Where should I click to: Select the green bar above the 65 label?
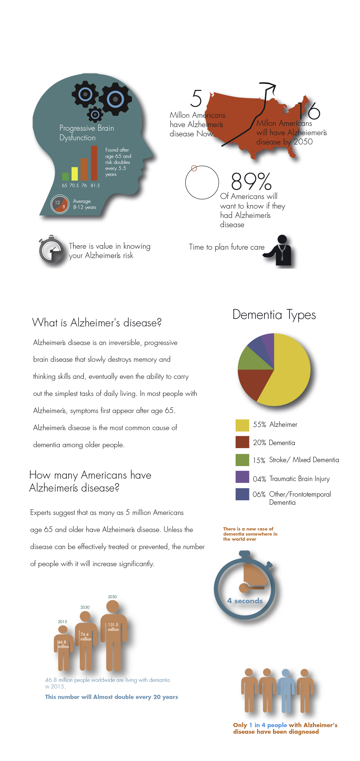(65, 176)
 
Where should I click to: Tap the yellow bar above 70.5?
(75, 174)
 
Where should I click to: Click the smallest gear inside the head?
(95, 114)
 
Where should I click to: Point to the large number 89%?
(251, 181)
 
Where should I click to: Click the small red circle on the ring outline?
(194, 168)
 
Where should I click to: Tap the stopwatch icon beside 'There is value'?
(51, 251)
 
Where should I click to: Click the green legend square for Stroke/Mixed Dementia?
(242, 460)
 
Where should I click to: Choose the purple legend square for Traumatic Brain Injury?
(242, 477)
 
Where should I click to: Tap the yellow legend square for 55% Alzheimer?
(242, 425)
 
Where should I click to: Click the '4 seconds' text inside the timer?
(245, 601)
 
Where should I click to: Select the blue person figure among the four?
(286, 689)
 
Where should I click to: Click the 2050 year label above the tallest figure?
(112, 597)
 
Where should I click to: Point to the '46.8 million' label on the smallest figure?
(63, 644)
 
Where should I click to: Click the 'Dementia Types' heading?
(274, 315)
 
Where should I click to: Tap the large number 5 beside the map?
(196, 98)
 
